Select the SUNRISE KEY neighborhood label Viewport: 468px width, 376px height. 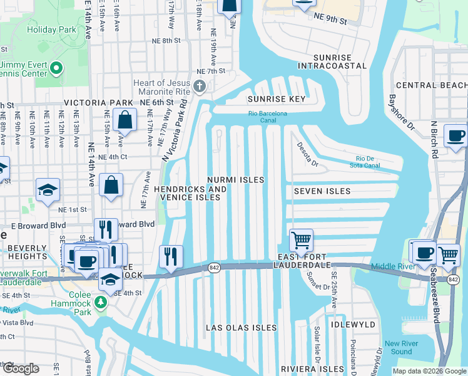(276, 99)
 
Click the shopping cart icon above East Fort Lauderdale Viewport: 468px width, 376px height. (301, 240)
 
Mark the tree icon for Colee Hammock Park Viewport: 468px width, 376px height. (101, 303)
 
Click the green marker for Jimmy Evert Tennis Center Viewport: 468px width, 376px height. (56, 68)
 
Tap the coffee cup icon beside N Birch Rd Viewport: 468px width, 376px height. (455, 135)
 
